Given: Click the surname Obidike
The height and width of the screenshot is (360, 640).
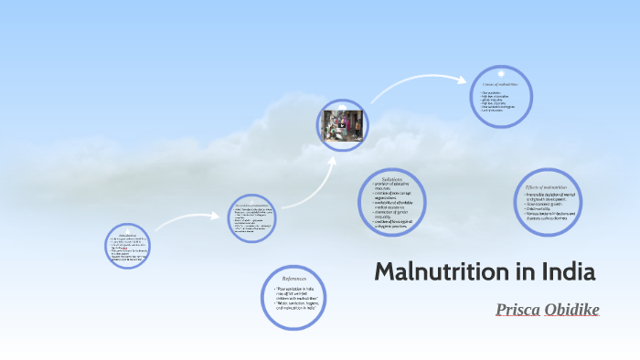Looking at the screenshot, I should (572, 310).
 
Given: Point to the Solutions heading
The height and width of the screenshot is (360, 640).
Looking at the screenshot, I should (393, 179).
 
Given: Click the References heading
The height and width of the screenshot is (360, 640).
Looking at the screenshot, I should (294, 278).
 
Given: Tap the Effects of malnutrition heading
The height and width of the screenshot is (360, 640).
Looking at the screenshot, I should (547, 186).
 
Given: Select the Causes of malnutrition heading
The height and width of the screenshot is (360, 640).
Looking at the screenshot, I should (500, 85).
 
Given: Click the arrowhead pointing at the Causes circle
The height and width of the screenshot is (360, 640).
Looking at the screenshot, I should (466, 80).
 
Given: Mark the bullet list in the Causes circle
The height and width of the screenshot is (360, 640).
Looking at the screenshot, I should (500, 102).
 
